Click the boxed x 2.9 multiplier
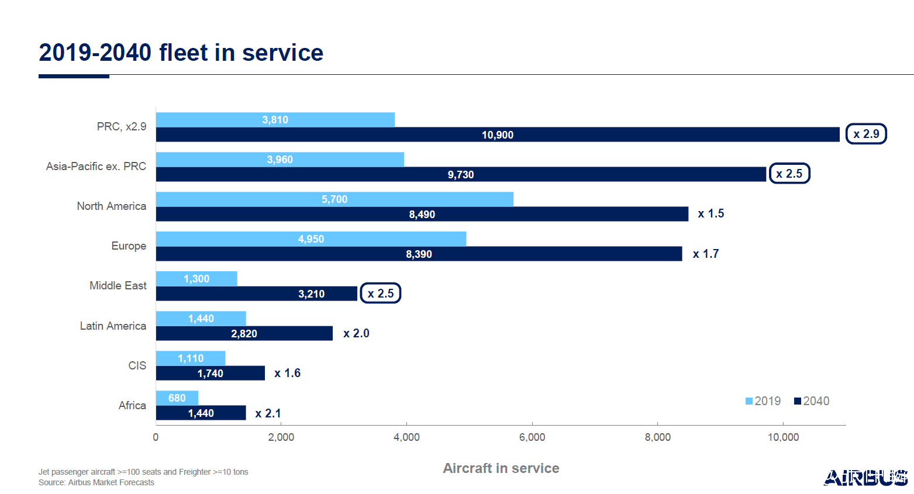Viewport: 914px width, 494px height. click(x=866, y=134)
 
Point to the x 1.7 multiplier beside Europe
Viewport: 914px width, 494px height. click(x=706, y=254)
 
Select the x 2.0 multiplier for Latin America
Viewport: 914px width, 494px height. click(x=356, y=333)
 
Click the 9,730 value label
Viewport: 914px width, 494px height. click(x=461, y=175)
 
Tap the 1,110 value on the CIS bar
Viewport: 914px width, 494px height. click(x=191, y=358)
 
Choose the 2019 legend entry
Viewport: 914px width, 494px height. click(x=763, y=401)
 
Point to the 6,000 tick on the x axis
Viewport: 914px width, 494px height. click(x=532, y=437)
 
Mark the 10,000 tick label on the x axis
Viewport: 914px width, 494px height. click(x=783, y=437)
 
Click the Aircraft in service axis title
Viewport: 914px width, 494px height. click(x=501, y=468)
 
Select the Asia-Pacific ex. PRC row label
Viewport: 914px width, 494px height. click(x=96, y=167)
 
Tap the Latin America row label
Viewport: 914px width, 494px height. click(x=113, y=326)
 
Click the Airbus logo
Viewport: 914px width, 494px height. click(x=865, y=478)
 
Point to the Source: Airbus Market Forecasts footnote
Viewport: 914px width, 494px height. click(x=96, y=482)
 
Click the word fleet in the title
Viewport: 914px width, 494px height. click(x=184, y=53)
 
